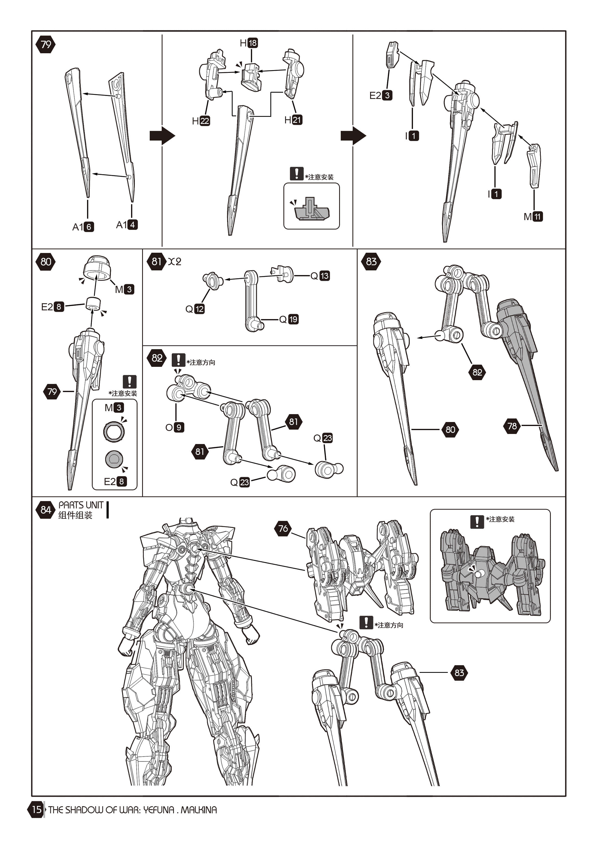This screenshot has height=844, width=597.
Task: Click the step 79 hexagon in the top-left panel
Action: point(46,45)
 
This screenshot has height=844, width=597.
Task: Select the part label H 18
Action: point(249,43)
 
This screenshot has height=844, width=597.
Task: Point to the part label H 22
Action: point(201,121)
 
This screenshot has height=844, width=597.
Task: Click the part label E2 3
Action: point(381,96)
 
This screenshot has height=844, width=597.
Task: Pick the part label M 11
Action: point(533,217)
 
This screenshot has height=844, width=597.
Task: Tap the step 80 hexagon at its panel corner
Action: point(46,262)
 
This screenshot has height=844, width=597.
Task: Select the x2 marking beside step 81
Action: point(175,261)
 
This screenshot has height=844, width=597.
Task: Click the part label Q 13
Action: point(320,276)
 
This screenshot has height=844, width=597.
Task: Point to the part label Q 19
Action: point(289,319)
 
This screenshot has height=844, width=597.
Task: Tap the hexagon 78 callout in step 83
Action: point(512,426)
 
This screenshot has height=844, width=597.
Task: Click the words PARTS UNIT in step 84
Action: point(81,505)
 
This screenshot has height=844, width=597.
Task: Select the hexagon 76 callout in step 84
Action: point(283,529)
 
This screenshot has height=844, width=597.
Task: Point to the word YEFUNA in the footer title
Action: point(158,809)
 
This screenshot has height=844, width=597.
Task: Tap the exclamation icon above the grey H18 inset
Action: point(296,174)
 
